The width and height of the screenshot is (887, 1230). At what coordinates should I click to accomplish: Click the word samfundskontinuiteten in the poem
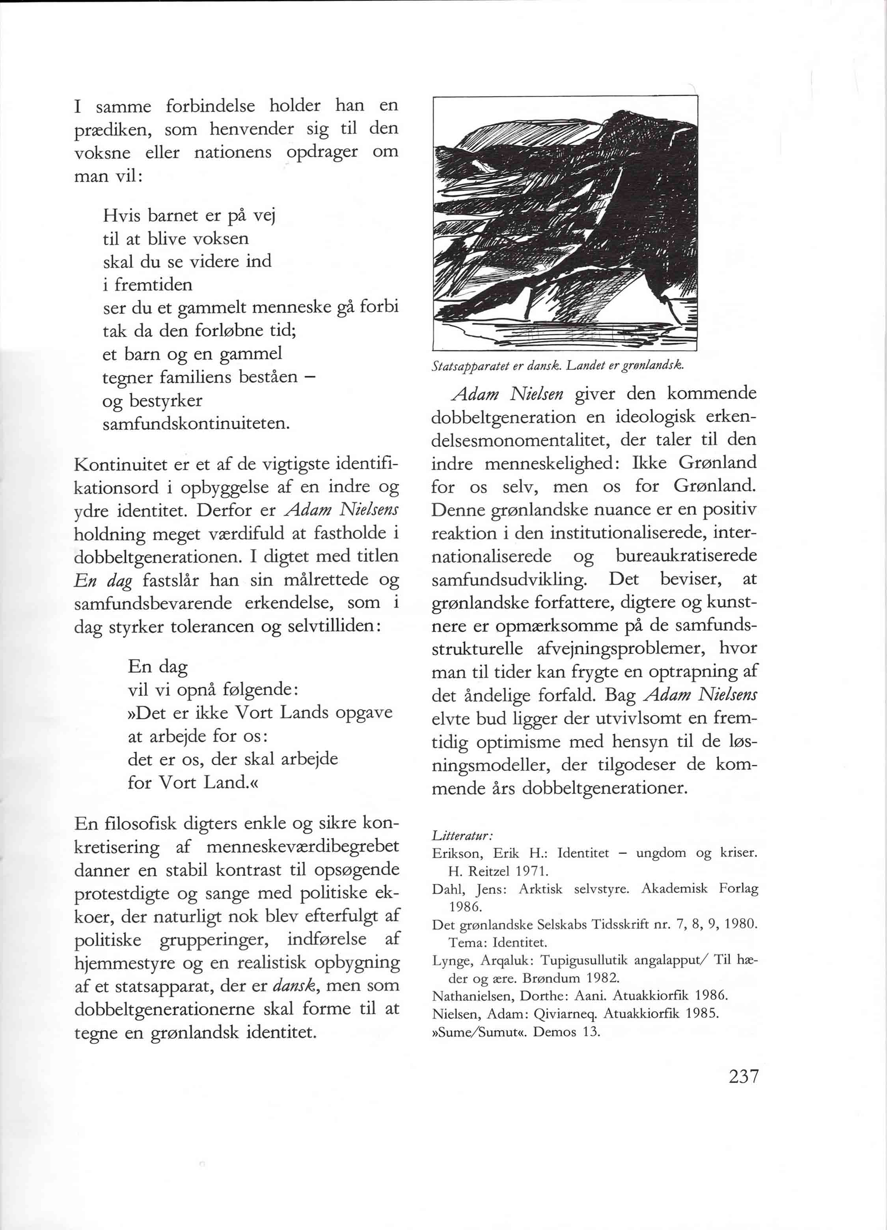pos(196,423)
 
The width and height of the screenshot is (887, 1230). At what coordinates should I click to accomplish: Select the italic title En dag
pos(103,581)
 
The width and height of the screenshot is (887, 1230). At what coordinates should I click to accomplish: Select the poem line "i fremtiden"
pos(147,284)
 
